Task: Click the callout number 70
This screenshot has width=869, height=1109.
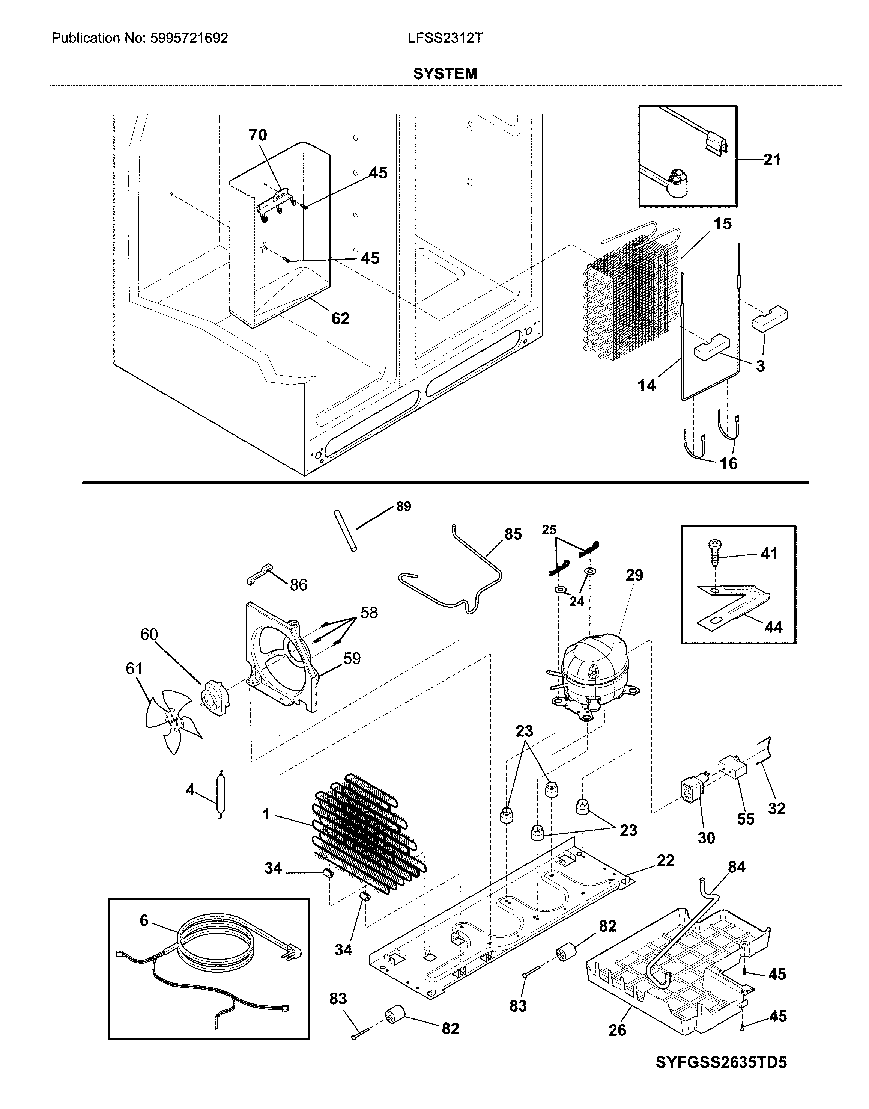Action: point(257,136)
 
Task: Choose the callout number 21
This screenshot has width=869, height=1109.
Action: point(772,160)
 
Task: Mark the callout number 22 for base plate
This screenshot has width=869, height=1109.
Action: point(666,860)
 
